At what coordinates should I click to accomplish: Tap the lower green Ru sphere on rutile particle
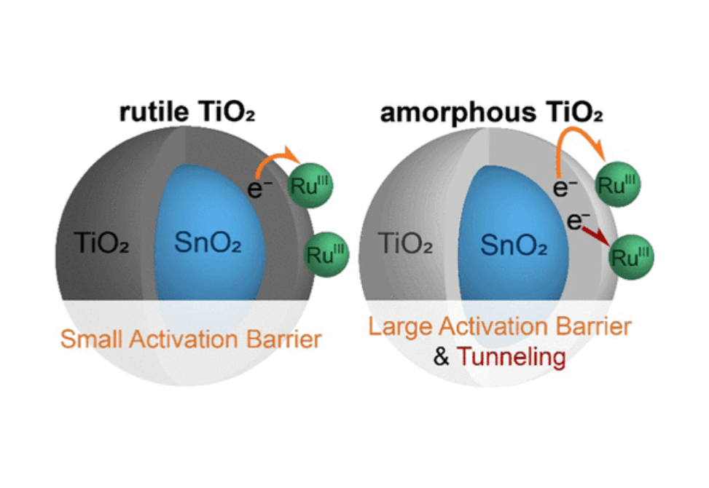click(x=327, y=254)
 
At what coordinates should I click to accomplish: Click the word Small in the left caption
click(x=90, y=339)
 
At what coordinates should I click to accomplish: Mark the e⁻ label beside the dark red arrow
click(x=575, y=220)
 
